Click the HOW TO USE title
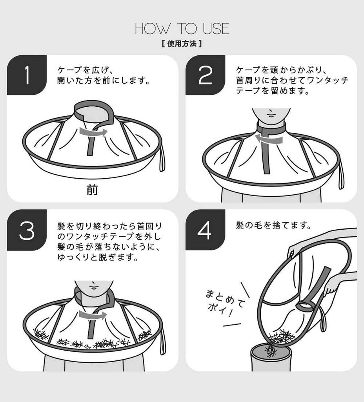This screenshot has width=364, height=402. (182, 29)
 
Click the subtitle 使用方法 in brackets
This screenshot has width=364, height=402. (182, 44)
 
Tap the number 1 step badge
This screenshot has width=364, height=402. (27, 75)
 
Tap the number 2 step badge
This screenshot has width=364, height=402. (205, 75)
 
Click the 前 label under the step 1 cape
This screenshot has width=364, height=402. (93, 190)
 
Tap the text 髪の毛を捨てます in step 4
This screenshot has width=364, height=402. (273, 226)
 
